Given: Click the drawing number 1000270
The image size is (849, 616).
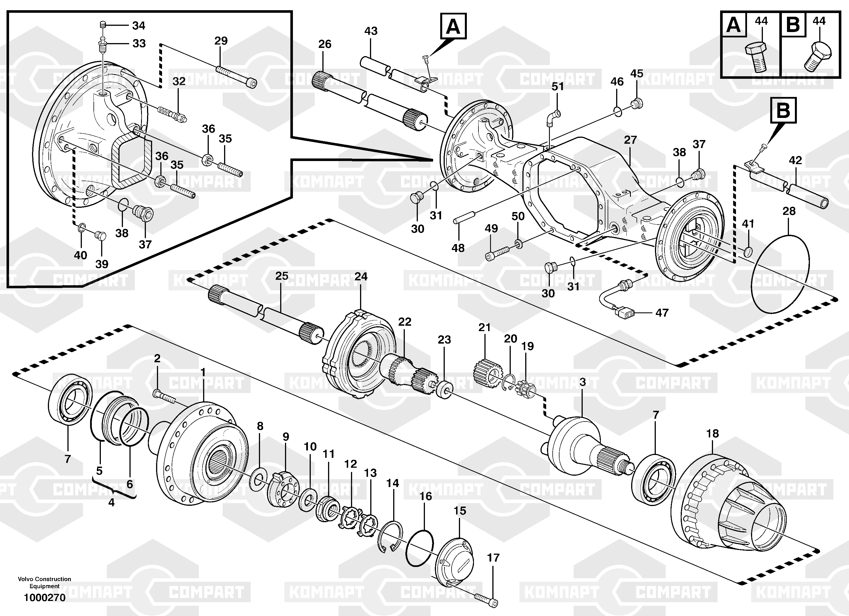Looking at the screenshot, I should tap(44, 597).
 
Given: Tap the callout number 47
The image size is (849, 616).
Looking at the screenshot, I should tap(662, 312).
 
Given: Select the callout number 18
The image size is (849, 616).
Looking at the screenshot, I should tap(712, 433).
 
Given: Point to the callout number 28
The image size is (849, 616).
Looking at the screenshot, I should tap(789, 211).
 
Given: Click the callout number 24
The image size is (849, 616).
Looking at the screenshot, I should tap(361, 276).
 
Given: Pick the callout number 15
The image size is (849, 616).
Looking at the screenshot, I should tap(460, 511).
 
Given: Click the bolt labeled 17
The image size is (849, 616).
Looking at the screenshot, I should tap(486, 598).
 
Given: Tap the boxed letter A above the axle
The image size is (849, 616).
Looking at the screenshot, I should tap(453, 26).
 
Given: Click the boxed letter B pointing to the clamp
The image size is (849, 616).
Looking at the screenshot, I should tap(783, 111).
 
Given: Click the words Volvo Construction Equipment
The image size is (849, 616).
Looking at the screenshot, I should tap(44, 582).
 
